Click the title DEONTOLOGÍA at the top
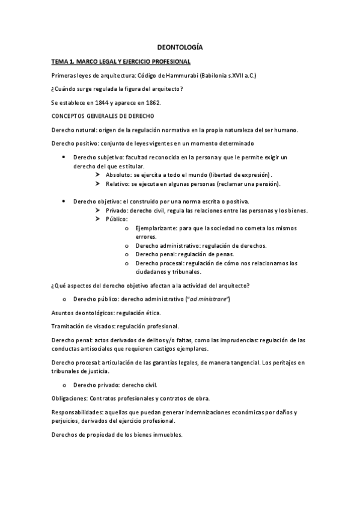[180, 47]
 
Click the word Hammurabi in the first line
[180, 75]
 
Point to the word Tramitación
[68, 326]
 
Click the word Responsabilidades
[76, 412]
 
